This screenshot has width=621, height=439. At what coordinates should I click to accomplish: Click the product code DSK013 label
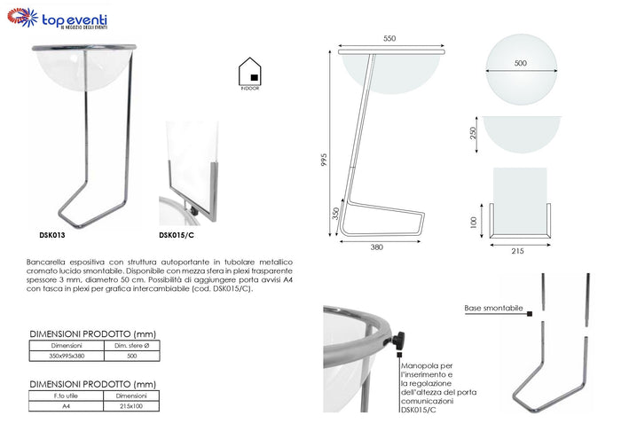click(52, 236)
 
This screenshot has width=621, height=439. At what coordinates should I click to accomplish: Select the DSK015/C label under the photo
click(177, 236)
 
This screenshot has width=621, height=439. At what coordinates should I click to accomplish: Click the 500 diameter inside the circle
click(520, 63)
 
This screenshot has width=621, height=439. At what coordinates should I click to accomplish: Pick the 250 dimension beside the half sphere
click(474, 133)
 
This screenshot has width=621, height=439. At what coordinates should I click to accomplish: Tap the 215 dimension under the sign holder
click(518, 251)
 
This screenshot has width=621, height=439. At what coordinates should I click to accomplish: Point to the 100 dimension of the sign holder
click(474, 221)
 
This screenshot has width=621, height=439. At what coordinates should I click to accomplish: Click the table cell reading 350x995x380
click(67, 356)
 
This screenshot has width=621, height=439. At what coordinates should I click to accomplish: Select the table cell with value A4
click(67, 407)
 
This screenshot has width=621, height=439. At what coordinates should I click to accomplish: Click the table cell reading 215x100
click(130, 407)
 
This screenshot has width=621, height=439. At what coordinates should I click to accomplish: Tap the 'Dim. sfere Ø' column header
click(130, 345)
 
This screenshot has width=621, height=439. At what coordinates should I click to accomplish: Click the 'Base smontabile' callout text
click(492, 309)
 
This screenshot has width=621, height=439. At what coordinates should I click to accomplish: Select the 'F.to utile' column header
click(67, 396)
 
